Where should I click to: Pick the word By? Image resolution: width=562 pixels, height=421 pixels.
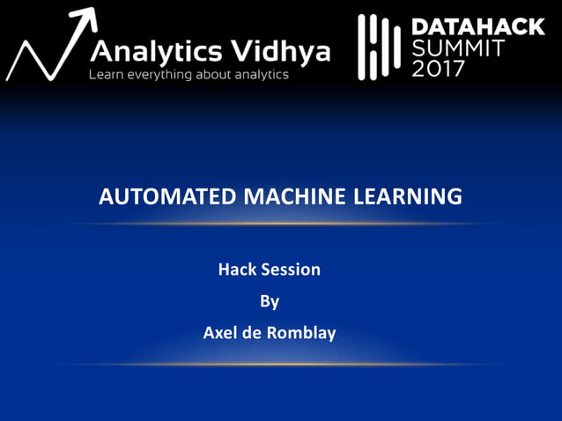point(270,300)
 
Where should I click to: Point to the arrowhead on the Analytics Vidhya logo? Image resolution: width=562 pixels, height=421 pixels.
point(85,18)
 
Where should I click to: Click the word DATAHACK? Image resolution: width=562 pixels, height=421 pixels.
point(477,27)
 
